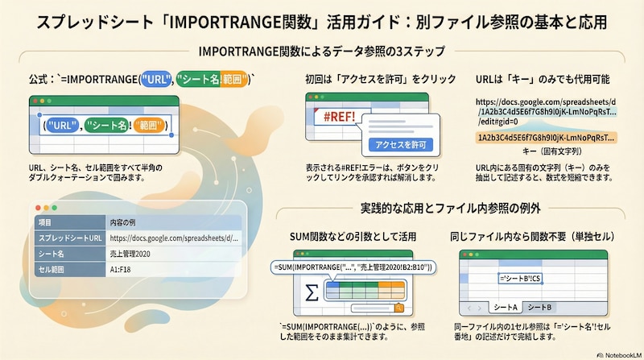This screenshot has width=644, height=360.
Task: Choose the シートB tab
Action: click(x=542, y=307)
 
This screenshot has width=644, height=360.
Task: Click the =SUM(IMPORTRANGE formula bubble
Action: click(x=354, y=266)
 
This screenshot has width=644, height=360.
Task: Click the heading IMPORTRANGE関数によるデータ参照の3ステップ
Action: click(x=321, y=52)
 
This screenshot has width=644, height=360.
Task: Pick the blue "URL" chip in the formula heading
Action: click(x=156, y=80)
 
